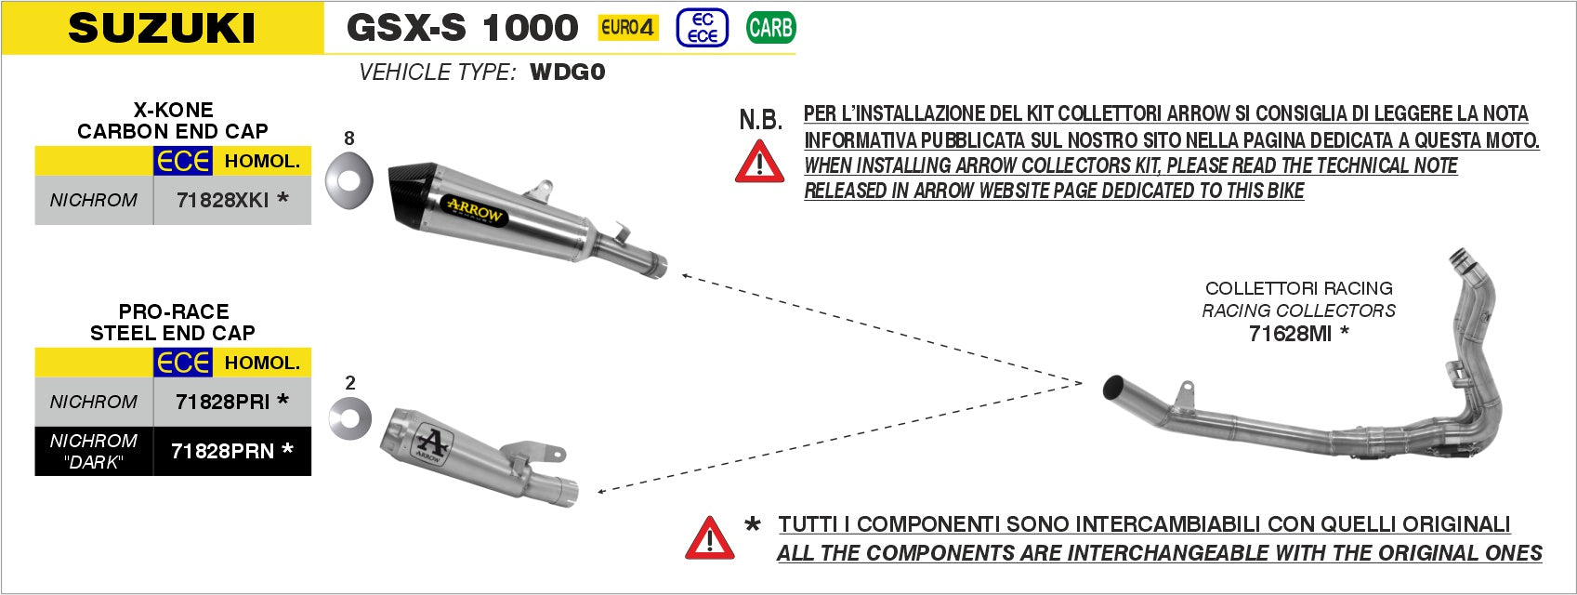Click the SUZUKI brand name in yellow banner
point(162,28)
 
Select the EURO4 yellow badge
point(627,28)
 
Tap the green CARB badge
point(770,28)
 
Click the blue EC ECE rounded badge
point(703,28)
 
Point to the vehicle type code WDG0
point(567,73)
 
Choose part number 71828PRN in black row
point(223,451)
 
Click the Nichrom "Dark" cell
point(93,451)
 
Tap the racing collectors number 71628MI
point(1290,334)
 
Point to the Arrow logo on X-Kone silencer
point(475,209)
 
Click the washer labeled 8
point(348,179)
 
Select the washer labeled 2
point(349,417)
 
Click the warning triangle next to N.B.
point(759,163)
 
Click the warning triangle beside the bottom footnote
point(709,538)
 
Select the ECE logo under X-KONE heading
point(183,161)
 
